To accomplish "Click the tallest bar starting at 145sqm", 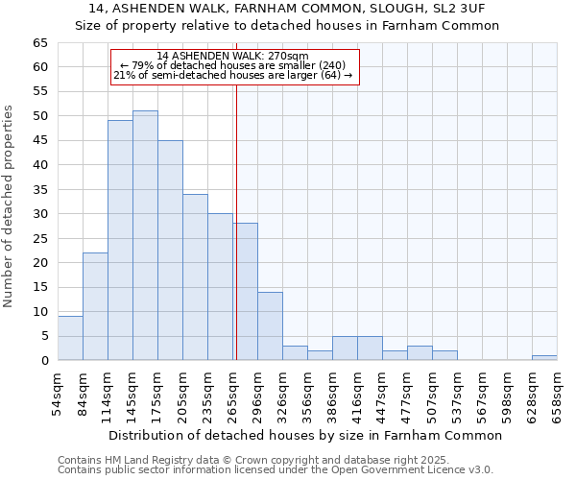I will point(145,235).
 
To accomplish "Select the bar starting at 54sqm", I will point(70,338).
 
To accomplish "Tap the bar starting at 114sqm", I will point(120,240).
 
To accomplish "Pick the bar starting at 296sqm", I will point(270,325).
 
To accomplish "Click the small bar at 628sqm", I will point(544,358).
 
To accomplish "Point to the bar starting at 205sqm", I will point(195,276).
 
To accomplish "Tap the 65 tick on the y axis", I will point(39,43).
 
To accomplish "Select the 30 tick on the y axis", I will point(39,214).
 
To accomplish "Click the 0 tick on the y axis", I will point(44,361).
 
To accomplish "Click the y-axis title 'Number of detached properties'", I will point(10,206).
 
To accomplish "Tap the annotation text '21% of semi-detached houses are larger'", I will point(233,75).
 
